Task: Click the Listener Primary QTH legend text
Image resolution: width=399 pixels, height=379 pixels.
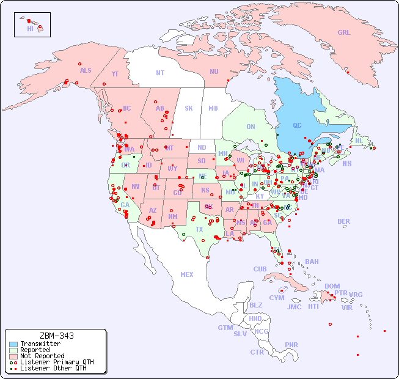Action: pos(57,362)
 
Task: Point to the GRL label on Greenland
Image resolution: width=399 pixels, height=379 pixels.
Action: pos(344,32)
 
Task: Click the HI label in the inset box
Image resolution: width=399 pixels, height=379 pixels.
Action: pos(30,29)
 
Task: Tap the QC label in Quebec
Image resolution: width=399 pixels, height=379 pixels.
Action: pos(297,125)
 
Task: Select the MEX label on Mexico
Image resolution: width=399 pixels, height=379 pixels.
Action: pos(187,274)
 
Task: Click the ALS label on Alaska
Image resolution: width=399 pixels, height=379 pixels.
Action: pos(86,70)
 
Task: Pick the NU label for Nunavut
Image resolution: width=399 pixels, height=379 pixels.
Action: pos(214,72)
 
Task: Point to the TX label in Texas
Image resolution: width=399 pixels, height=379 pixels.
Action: pos(199,229)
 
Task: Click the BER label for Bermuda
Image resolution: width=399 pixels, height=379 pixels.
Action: pos(343,221)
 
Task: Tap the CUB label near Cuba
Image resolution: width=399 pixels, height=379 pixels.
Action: pos(260,269)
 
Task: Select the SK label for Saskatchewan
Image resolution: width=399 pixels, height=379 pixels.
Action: pos(189,108)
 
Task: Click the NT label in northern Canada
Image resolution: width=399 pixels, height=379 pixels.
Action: pos(160,72)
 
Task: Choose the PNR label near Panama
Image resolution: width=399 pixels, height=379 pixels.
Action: pos(291,345)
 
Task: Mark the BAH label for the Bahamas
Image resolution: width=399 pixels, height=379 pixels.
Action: pos(312,262)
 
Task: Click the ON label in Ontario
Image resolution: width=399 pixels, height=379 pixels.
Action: pos(251,127)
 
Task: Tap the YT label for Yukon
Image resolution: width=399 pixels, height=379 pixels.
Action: pos(115,74)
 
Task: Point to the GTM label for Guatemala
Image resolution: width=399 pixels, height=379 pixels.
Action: pos(225,328)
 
